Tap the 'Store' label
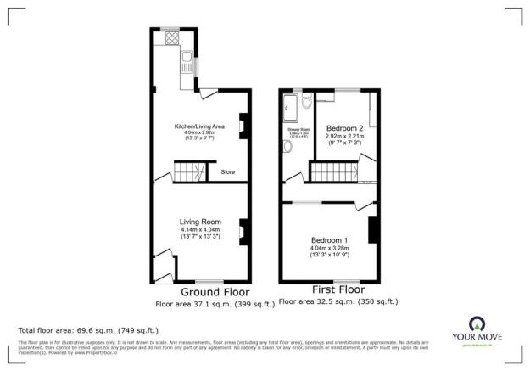click(x=227, y=172)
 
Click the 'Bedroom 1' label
click(x=329, y=239)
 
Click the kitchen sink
click(x=184, y=59)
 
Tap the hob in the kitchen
click(x=171, y=38)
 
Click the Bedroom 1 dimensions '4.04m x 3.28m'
click(x=329, y=247)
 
